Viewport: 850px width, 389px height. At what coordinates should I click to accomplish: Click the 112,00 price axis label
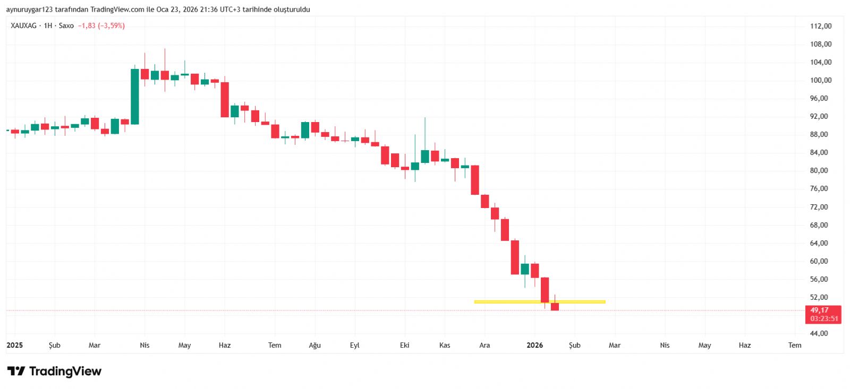click(x=820, y=26)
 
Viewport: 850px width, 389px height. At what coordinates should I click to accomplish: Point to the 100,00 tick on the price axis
click(x=820, y=80)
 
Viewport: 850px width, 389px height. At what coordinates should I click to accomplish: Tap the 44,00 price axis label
click(x=819, y=333)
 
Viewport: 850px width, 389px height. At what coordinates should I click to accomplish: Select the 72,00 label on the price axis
click(x=819, y=207)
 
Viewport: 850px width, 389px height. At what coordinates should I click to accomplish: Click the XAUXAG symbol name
click(x=23, y=25)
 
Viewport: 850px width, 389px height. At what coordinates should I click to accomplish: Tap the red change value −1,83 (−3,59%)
click(x=101, y=25)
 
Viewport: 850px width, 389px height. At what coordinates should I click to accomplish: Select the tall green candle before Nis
click(x=135, y=97)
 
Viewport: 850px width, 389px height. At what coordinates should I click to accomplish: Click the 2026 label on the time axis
click(x=534, y=345)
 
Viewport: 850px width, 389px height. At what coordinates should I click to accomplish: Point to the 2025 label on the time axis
click(x=14, y=345)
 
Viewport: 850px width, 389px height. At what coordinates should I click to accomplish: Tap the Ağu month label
click(x=314, y=345)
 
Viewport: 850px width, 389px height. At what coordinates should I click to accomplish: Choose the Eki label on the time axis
click(x=404, y=345)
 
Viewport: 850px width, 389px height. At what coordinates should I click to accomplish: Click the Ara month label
click(x=484, y=345)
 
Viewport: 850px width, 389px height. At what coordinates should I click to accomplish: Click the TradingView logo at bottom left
click(x=54, y=371)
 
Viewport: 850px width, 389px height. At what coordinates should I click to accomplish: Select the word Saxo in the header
click(x=66, y=25)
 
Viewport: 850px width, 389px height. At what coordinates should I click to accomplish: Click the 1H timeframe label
click(x=48, y=25)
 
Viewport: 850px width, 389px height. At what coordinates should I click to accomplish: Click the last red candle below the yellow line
click(x=555, y=306)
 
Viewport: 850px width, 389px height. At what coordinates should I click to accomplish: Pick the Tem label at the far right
click(x=794, y=345)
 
